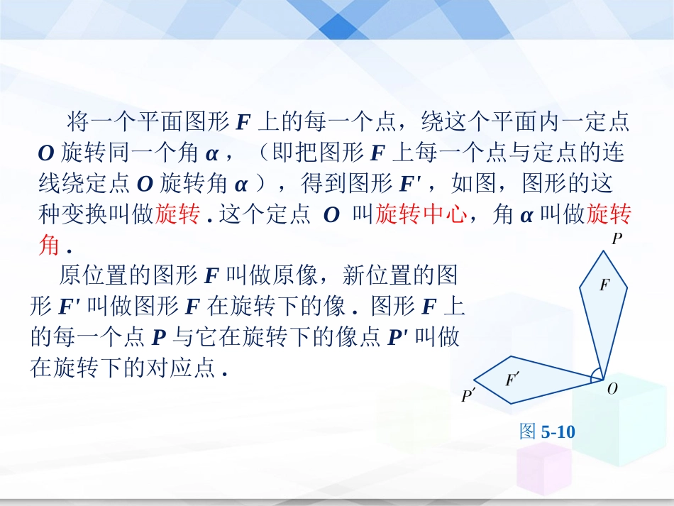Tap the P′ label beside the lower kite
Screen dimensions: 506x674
pos(468,396)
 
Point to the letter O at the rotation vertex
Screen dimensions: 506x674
pos(613,388)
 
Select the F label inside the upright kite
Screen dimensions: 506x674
pos(604,285)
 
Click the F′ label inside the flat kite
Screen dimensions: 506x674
pos(512,380)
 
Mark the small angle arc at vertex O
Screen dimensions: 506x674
pos(598,375)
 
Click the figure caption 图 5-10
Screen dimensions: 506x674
pos(547,431)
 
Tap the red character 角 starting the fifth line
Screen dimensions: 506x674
pos(50,246)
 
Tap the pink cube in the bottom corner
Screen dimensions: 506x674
pos(544,468)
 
